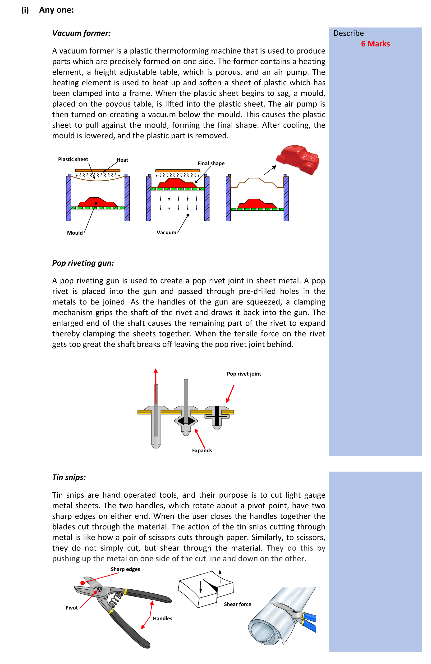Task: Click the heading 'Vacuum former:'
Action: pyautogui.click(x=81, y=33)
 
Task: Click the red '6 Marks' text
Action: pyautogui.click(x=375, y=44)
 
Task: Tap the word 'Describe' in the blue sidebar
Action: pyautogui.click(x=348, y=33)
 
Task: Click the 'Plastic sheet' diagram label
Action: pyautogui.click(x=73, y=159)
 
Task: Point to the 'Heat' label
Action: pyautogui.click(x=122, y=160)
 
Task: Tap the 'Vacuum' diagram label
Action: pyautogui.click(x=166, y=233)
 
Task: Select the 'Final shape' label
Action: pyautogui.click(x=211, y=164)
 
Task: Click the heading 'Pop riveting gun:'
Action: pyautogui.click(x=83, y=263)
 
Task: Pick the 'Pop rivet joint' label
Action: pyautogui.click(x=244, y=374)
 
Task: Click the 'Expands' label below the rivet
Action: pyautogui.click(x=202, y=450)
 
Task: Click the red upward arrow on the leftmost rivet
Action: pyautogui.click(x=156, y=385)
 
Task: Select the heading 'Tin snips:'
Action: pyautogui.click(x=69, y=477)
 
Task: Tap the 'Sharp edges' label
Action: pyautogui.click(x=125, y=569)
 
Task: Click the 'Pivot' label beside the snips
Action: pyautogui.click(x=71, y=608)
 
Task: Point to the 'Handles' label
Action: pyautogui.click(x=162, y=619)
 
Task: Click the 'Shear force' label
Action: pyautogui.click(x=237, y=604)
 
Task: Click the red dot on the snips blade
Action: pyautogui.click(x=82, y=583)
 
